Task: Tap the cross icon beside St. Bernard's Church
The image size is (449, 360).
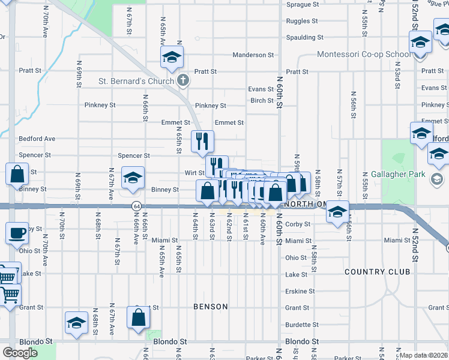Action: point(184,80)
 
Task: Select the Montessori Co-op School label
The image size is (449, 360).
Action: point(364,55)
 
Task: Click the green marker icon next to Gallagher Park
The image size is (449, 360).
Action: point(437,178)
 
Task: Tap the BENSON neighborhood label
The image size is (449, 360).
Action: point(211,307)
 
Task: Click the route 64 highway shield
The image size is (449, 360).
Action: point(137,206)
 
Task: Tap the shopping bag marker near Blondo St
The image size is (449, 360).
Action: point(138,317)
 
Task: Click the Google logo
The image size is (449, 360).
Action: point(20,353)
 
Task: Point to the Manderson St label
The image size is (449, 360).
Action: point(253,55)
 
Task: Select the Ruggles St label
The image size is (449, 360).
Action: point(302,21)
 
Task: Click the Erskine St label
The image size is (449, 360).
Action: point(300,292)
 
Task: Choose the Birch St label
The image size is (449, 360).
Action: point(262,100)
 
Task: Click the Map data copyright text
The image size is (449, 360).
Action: point(423,355)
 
